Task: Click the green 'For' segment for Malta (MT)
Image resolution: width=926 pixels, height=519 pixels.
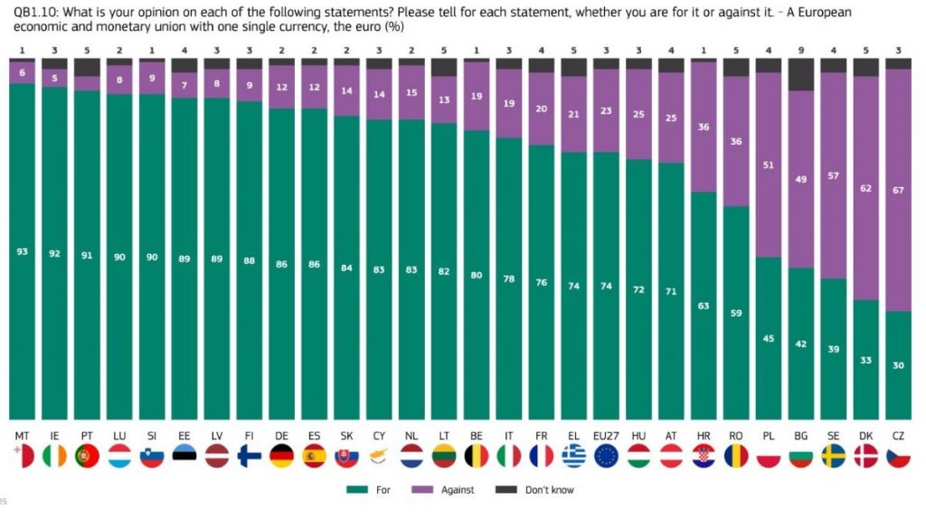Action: point(23,271)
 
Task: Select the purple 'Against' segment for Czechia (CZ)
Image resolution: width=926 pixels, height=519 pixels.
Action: point(898,190)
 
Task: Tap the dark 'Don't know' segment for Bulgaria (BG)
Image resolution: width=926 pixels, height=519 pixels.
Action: point(800,75)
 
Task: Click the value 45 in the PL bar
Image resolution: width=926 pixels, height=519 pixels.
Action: point(768,339)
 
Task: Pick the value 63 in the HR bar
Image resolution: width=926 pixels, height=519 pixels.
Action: point(704,306)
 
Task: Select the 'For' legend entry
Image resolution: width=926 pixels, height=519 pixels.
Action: point(373,490)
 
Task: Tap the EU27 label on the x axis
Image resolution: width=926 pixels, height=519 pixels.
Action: point(606,436)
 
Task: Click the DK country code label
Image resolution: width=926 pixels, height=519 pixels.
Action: point(865,436)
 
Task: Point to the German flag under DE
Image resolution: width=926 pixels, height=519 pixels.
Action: point(282,456)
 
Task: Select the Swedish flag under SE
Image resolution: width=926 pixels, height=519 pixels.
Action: point(833,456)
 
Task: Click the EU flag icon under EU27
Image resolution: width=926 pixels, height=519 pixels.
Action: point(606,456)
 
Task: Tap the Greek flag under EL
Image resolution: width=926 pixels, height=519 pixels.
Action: point(573,456)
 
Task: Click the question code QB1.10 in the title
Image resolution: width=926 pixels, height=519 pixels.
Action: point(31,11)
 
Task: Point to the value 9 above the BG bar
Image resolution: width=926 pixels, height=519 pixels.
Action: point(800,49)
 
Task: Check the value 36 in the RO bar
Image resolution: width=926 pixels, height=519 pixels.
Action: point(736,141)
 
